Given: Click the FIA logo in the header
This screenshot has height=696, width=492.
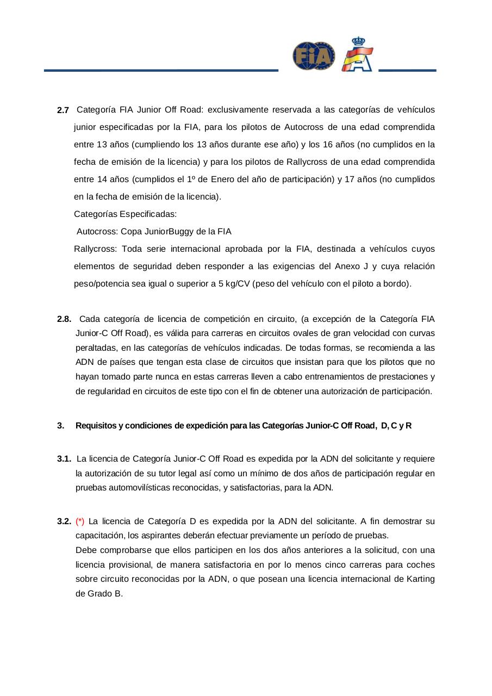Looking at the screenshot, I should pyautogui.click(x=314, y=56).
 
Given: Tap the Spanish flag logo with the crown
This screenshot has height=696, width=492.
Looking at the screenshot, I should pyautogui.click(x=357, y=55).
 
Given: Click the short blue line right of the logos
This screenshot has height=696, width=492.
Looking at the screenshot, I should pyautogui.click(x=407, y=70).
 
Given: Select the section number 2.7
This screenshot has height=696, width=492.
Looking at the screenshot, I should pyautogui.click(x=63, y=110).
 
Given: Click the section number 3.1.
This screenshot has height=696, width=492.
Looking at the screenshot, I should pyautogui.click(x=64, y=459).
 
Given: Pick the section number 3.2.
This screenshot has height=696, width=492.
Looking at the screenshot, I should pyautogui.click(x=64, y=521).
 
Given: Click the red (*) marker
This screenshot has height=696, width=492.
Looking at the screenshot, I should pyautogui.click(x=80, y=521).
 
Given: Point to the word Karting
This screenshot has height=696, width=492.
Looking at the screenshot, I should pyautogui.click(x=420, y=579).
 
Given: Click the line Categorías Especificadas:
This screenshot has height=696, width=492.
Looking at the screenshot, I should pyautogui.click(x=125, y=214).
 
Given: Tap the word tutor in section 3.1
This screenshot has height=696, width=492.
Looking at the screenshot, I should pyautogui.click(x=203, y=473).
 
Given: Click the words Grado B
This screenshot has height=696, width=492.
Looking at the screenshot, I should pyautogui.click(x=99, y=593).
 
